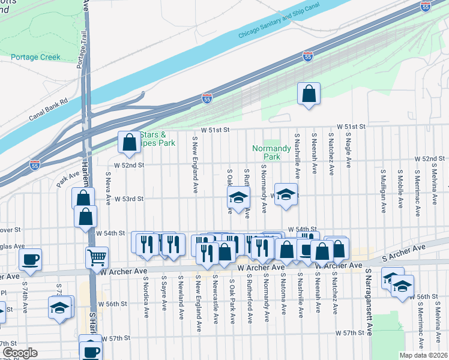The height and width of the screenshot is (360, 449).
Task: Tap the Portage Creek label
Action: pyautogui.click(x=35, y=58)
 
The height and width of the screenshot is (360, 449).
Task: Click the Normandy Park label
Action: pyautogui.click(x=272, y=152)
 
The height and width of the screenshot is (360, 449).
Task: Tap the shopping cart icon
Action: pyautogui.click(x=97, y=257)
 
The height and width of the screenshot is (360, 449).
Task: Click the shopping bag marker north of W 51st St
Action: pyautogui.click(x=309, y=94)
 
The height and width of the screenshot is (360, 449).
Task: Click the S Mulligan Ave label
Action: pyautogui.click(x=382, y=190)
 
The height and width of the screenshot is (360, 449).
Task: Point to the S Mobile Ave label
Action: pyautogui.click(x=399, y=188)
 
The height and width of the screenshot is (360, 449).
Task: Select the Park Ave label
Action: pyautogui.click(x=68, y=181)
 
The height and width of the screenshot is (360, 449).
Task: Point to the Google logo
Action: pyautogui.click(x=20, y=353)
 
